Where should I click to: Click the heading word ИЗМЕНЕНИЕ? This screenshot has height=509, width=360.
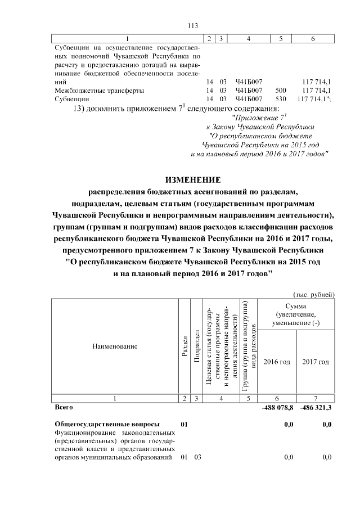tap(192, 180)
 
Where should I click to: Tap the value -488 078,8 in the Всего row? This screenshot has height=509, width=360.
tap(278, 407)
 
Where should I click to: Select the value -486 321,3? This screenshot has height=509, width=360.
tap(316, 407)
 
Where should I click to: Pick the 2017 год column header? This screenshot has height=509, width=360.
tap(316, 361)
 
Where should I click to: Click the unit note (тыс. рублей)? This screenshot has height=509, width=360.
tap(314, 294)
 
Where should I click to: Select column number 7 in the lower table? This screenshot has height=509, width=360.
tap(316, 398)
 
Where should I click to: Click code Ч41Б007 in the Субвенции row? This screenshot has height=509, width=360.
tap(245, 98)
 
